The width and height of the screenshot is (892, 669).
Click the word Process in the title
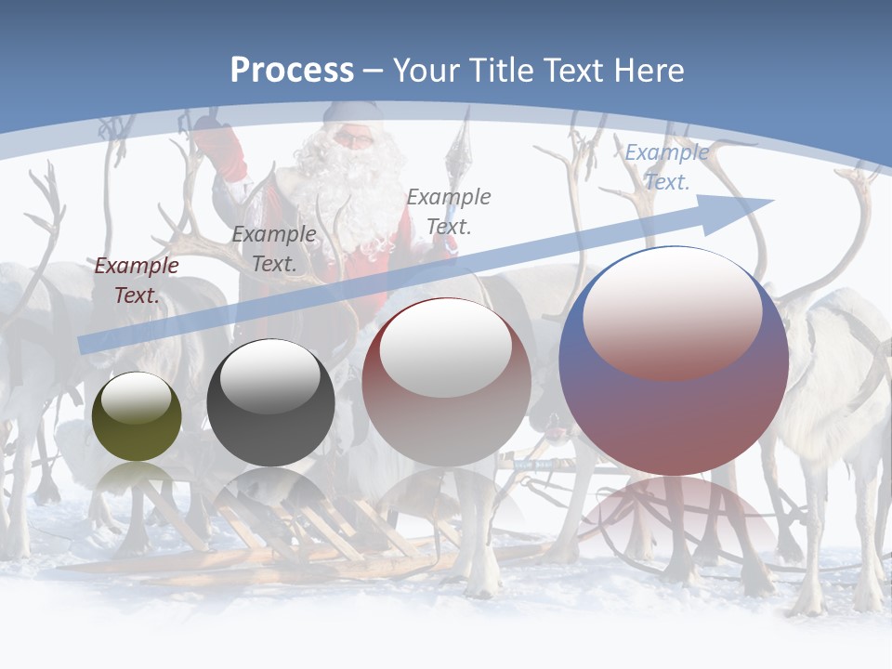292,71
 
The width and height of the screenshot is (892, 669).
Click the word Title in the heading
500,71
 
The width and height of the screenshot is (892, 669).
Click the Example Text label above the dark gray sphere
274,249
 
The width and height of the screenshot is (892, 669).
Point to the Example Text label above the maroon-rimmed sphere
449,211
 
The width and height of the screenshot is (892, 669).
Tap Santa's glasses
353,139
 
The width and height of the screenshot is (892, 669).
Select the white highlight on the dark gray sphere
270,376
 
